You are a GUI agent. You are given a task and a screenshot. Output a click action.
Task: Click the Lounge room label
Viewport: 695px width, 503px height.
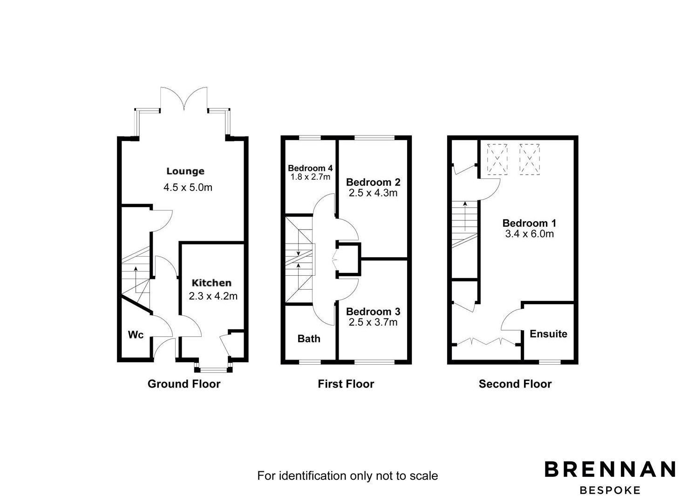[185, 171]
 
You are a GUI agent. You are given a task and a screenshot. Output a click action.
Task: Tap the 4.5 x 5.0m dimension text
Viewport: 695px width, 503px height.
[188, 187]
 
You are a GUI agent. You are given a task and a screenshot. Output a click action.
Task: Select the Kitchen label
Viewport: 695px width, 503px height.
[211, 283]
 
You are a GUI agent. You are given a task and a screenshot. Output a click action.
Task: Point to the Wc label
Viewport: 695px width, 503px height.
[136, 334]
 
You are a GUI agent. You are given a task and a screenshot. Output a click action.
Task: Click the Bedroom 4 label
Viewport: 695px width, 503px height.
[310, 168]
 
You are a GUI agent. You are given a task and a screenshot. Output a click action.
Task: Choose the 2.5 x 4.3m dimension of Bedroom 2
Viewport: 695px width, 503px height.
[373, 193]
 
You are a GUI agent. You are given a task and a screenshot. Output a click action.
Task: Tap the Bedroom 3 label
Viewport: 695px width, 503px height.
[373, 312]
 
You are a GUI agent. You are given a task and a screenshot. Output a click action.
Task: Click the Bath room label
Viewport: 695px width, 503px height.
[309, 339]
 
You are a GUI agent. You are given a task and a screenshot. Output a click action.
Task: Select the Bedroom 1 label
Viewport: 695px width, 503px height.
[529, 223]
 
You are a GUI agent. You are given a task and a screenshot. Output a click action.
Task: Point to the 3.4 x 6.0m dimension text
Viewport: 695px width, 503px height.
[529, 234]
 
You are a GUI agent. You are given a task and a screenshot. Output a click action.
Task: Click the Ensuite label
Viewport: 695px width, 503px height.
[548, 334]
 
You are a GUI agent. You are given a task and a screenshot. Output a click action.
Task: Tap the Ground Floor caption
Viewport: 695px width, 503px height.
[184, 384]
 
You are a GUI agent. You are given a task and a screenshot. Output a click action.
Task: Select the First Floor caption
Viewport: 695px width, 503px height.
[346, 384]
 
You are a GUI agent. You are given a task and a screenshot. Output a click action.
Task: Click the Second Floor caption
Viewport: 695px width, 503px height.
[515, 384]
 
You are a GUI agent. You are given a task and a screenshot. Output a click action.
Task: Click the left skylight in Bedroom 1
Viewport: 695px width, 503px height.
[497, 159]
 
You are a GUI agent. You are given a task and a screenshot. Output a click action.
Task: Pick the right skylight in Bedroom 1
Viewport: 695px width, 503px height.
[530, 159]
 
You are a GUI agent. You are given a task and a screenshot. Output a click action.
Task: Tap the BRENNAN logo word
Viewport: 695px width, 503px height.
[610, 469]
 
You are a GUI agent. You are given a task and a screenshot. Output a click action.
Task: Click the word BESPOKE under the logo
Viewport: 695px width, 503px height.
[610, 490]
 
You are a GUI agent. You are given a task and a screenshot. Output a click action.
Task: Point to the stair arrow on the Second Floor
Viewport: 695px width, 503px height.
[465, 216]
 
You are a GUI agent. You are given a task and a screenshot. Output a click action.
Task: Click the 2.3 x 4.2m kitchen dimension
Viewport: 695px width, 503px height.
[213, 296]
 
